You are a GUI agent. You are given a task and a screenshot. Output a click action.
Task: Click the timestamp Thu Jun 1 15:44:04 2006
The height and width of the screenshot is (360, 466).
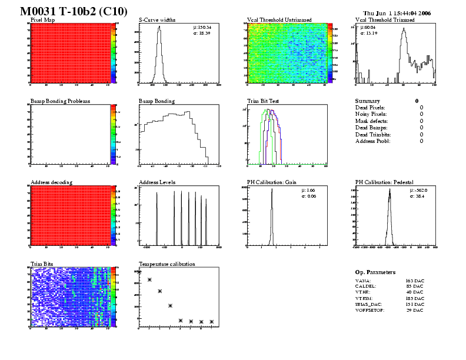tap(397, 13)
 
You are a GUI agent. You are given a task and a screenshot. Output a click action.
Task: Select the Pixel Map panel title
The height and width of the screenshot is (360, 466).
tap(42, 19)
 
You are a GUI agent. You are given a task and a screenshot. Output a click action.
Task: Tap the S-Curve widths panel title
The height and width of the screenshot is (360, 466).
tap(157, 19)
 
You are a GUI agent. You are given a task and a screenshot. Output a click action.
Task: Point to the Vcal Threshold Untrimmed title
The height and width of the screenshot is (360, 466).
tap(279, 19)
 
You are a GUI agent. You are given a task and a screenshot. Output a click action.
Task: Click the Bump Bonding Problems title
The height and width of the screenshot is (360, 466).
tap(60, 101)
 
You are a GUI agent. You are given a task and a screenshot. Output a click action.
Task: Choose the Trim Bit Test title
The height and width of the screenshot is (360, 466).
tap(262, 101)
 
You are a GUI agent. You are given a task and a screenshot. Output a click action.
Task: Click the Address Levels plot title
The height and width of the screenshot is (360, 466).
tap(157, 182)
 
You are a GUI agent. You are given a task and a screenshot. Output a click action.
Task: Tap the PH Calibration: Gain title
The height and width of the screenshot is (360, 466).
tap(271, 182)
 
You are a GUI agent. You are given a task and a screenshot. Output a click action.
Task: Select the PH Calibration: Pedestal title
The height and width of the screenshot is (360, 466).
tap(385, 182)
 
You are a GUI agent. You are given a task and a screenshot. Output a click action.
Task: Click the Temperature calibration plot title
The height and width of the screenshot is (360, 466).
tap(167, 264)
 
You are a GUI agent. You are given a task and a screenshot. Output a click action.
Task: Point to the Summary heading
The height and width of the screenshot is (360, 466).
tap(368, 101)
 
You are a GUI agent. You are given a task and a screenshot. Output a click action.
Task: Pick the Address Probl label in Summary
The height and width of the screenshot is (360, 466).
tap(372, 141)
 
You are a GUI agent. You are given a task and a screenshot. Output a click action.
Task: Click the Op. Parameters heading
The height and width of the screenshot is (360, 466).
tap(375, 272)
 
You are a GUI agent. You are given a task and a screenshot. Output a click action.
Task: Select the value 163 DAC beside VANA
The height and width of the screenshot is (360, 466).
tap(415, 281)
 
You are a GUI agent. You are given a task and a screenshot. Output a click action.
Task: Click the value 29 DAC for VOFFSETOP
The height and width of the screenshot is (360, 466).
tap(415, 311)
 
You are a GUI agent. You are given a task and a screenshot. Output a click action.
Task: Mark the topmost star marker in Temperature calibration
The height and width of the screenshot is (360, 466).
tap(139, 272)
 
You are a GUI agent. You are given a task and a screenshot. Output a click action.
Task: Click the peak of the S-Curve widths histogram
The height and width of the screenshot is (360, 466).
tap(158, 27)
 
